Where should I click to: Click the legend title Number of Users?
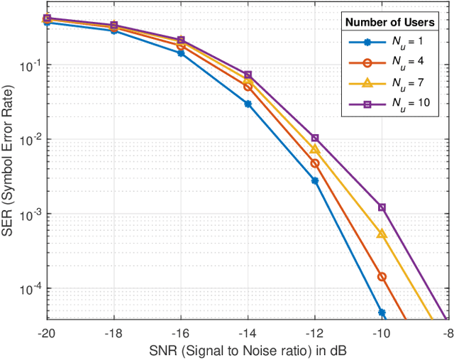point(390,23)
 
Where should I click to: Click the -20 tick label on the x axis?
point(47,333)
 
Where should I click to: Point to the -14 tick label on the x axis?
point(248,333)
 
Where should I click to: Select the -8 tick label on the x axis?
point(448,333)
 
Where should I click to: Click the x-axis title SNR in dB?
point(248,351)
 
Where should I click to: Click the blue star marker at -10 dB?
point(382,312)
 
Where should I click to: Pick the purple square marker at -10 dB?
point(382,207)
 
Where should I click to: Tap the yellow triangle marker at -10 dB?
point(382,234)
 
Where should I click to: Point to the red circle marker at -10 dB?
point(382,277)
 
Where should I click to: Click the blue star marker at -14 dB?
point(248,104)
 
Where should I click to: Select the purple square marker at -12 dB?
point(315,138)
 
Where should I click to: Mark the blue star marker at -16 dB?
point(181,53)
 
